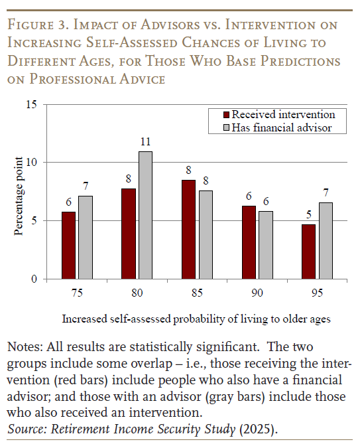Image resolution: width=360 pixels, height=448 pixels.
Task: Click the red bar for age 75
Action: pyautogui.click(x=69, y=246)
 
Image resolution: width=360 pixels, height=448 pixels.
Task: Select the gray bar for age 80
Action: pyautogui.click(x=145, y=216)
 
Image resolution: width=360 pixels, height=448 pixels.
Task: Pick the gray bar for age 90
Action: pyautogui.click(x=265, y=245)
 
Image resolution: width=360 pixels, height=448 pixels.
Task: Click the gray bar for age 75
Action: pyautogui.click(x=85, y=238)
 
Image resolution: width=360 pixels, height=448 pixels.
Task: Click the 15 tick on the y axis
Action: pyautogui.click(x=31, y=104)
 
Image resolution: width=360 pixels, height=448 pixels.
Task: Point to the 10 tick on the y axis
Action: pyautogui.click(x=31, y=163)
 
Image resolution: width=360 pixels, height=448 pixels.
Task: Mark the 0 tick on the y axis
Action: pyautogui.click(x=34, y=279)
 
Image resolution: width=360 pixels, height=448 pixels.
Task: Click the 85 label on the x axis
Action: pyautogui.click(x=197, y=292)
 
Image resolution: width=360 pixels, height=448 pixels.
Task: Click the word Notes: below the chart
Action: pyautogui.click(x=24, y=348)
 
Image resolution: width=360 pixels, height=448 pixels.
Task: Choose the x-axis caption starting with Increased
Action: pyautogui.click(x=196, y=319)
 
